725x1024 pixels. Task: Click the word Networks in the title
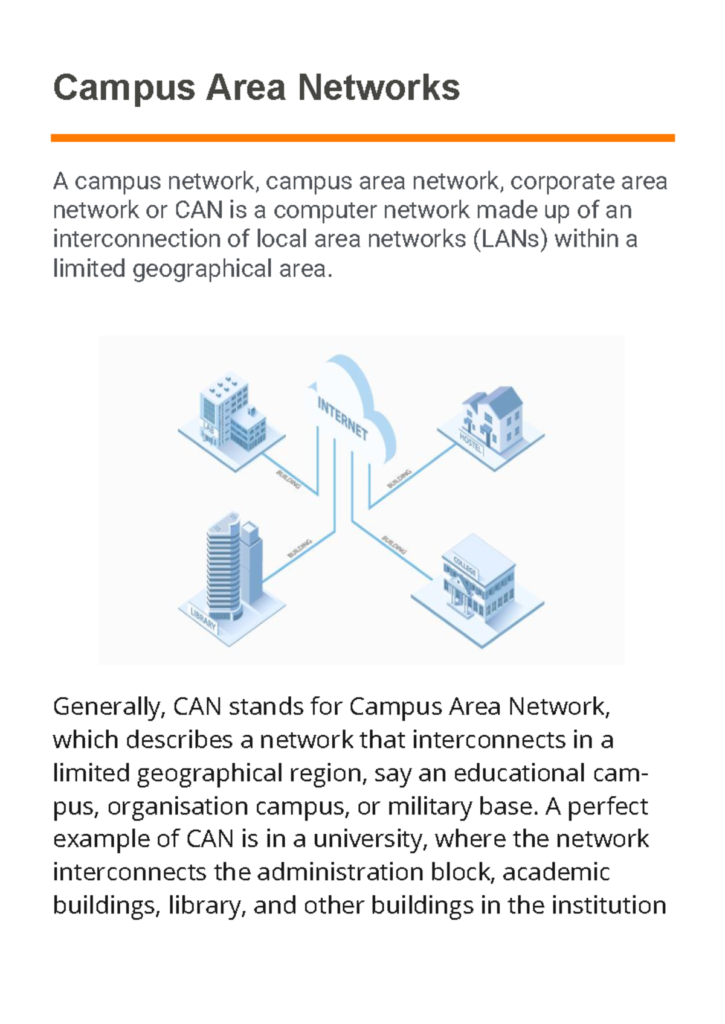[379, 88]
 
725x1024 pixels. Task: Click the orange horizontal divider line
[362, 138]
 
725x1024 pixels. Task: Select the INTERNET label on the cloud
[343, 419]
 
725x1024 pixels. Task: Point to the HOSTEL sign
[471, 444]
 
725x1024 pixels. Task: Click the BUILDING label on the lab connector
[288, 479]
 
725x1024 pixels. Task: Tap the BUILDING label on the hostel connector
[399, 479]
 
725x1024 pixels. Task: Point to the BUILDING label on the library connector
[300, 548]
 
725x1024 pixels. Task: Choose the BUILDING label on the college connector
[394, 545]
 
